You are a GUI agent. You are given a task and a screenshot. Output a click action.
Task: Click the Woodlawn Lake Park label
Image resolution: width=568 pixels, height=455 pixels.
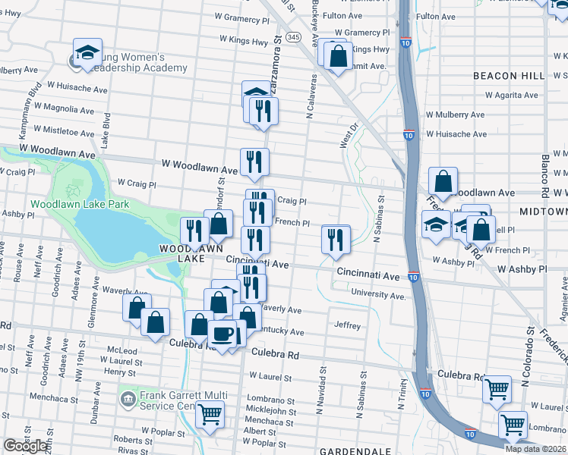[x=80, y=204]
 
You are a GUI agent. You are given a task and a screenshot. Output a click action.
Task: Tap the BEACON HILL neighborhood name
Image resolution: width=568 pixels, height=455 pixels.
[x=509, y=76]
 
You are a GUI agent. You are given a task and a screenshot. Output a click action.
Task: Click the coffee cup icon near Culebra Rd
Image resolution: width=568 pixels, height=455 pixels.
[x=222, y=334]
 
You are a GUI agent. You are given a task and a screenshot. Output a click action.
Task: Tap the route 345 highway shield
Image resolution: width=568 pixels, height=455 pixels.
[x=294, y=36]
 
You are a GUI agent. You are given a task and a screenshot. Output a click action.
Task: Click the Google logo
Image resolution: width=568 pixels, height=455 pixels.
[x=25, y=446]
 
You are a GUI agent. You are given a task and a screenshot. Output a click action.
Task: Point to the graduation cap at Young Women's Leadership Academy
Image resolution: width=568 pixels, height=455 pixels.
[x=87, y=52]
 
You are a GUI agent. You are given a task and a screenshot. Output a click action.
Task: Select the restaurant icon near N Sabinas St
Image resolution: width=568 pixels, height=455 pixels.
[x=335, y=240]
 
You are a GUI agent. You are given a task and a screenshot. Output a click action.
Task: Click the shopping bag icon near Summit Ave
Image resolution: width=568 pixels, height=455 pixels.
[x=339, y=55]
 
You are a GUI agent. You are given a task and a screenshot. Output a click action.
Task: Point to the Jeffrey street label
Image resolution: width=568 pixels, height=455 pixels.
[x=347, y=325]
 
